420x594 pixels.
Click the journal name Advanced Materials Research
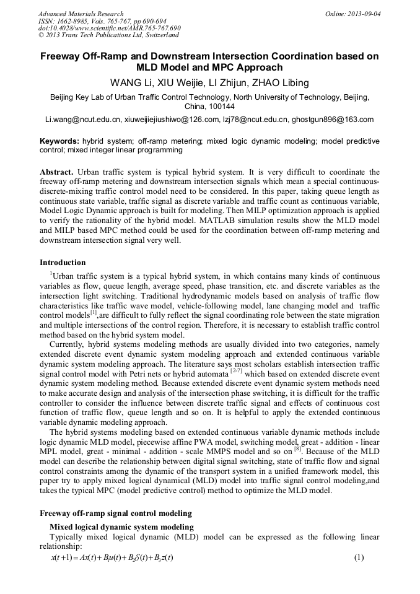click(81, 14)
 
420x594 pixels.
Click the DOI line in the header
click(109, 28)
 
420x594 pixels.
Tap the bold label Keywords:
click(59, 141)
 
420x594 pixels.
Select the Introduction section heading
click(63, 263)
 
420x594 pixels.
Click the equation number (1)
click(358, 557)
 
